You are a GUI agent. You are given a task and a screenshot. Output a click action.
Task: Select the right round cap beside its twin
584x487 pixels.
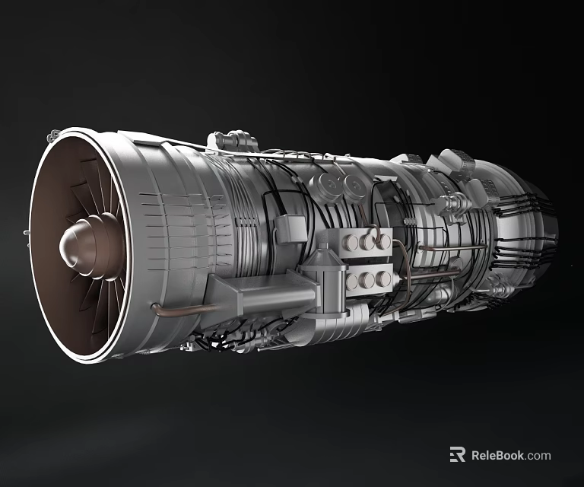[351, 186]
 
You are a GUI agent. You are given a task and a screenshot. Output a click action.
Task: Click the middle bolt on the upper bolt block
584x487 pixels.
[369, 242]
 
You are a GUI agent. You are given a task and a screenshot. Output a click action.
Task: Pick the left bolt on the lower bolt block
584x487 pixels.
[352, 282]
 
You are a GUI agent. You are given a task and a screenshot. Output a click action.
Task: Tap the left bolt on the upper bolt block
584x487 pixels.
[353, 243]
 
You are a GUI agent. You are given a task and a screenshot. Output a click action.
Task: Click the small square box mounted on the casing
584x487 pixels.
[292, 226]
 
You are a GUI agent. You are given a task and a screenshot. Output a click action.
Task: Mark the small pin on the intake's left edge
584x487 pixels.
[27, 232]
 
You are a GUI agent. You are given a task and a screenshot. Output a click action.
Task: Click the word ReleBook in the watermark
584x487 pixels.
[497, 455]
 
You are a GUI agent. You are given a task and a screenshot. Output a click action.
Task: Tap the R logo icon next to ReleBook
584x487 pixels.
[457, 454]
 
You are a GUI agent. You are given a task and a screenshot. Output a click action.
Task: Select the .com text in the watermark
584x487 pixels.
[538, 455]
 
